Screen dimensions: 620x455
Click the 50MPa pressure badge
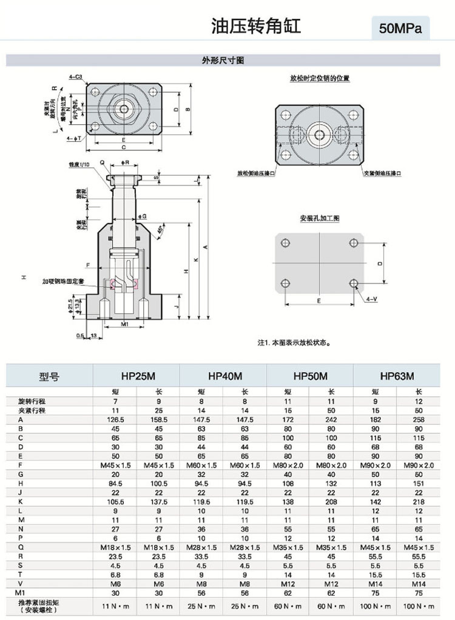point(400,28)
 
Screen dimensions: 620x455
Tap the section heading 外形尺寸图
point(223,61)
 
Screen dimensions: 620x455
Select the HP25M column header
point(136,376)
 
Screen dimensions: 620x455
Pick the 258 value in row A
point(419,419)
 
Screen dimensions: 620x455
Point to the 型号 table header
point(49,376)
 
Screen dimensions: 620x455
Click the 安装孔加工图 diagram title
point(320,218)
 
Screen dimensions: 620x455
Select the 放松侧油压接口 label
point(256,173)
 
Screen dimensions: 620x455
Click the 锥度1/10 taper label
point(79,164)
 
